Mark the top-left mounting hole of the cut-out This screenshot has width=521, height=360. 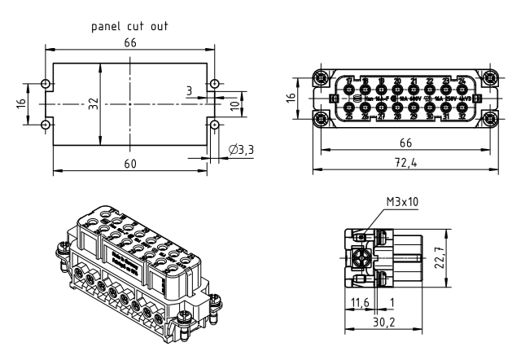click(44, 84)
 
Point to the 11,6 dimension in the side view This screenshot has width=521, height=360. click(358, 303)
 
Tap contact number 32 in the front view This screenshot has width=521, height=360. click(462, 116)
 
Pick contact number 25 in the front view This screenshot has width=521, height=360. click(349, 116)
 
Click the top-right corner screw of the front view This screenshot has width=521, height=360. click(490, 78)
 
